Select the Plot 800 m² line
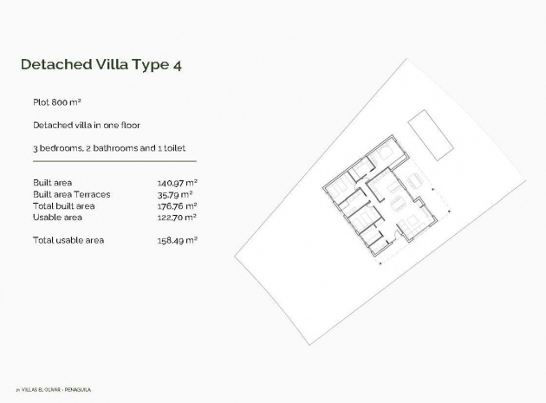(56, 101)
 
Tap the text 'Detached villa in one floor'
(86, 125)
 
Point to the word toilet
(179, 148)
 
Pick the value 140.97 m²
(177, 183)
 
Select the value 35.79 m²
(177, 194)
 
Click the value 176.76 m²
(177, 206)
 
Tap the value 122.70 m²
(177, 218)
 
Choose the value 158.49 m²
(177, 240)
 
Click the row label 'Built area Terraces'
(72, 194)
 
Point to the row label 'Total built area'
(63, 206)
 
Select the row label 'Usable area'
(57, 218)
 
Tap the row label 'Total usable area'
(68, 240)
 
